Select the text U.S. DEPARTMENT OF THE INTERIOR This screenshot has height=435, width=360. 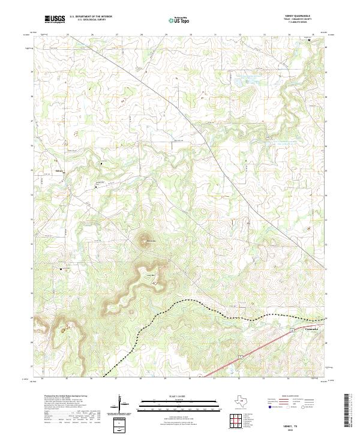91,17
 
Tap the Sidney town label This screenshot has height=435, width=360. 59,170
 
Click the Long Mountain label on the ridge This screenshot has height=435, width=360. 152,275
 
